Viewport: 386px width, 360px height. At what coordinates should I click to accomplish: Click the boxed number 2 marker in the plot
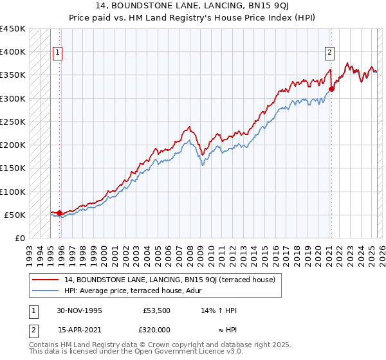329,53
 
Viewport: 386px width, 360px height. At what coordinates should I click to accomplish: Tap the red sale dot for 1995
60,213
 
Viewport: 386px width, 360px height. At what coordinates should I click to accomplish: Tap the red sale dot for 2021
331,89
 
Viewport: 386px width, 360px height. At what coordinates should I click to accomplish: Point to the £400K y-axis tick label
14,52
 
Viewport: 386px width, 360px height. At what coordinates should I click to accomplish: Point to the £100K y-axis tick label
14,192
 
